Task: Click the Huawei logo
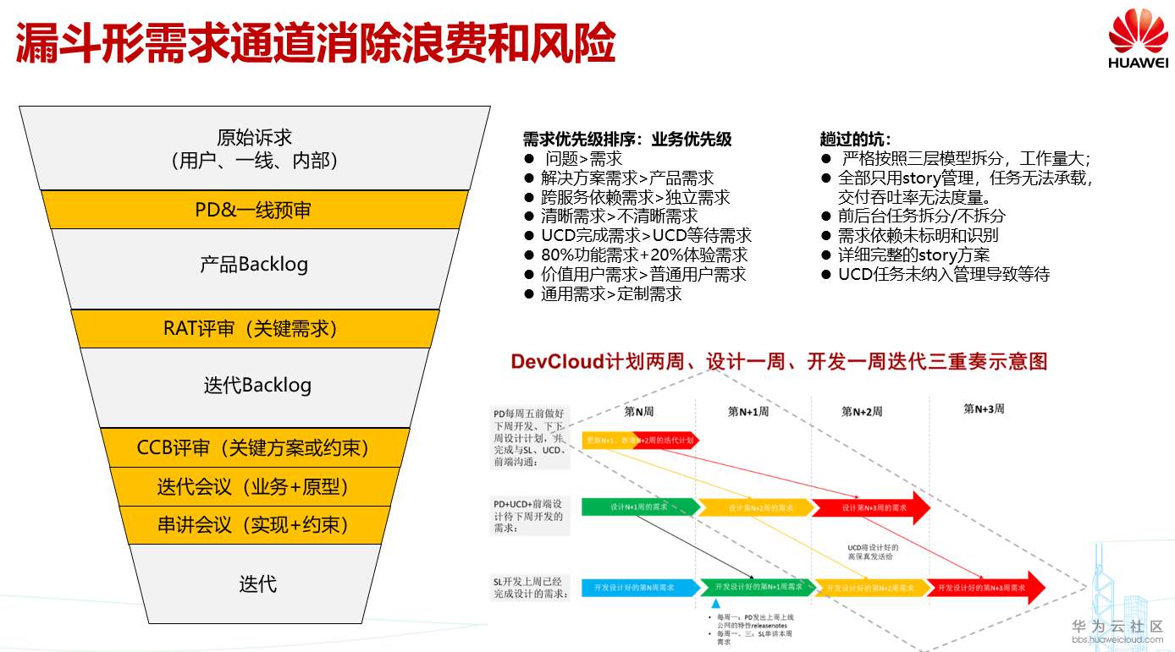[x=1138, y=40]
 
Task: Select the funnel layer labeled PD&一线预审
[x=253, y=210]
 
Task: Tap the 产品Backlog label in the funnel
[x=254, y=264]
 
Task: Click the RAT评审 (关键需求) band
[x=253, y=329]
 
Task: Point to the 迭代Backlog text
[x=257, y=386]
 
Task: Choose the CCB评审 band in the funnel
[x=253, y=447]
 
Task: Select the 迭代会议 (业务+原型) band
[x=253, y=487]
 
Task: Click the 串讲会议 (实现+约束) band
[x=253, y=525]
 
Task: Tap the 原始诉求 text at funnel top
[x=254, y=138]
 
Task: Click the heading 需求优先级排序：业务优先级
[x=627, y=140]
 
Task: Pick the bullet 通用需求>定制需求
[x=611, y=293]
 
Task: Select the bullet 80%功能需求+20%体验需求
[x=644, y=255]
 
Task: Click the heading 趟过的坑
[x=855, y=140]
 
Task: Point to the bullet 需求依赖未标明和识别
[x=918, y=235]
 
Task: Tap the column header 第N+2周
[x=861, y=412]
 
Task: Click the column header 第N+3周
[x=984, y=408]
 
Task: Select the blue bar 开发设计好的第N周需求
[x=634, y=587]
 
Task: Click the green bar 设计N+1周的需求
[x=639, y=507]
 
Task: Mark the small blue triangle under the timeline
[x=715, y=604]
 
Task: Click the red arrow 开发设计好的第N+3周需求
[x=982, y=587]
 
